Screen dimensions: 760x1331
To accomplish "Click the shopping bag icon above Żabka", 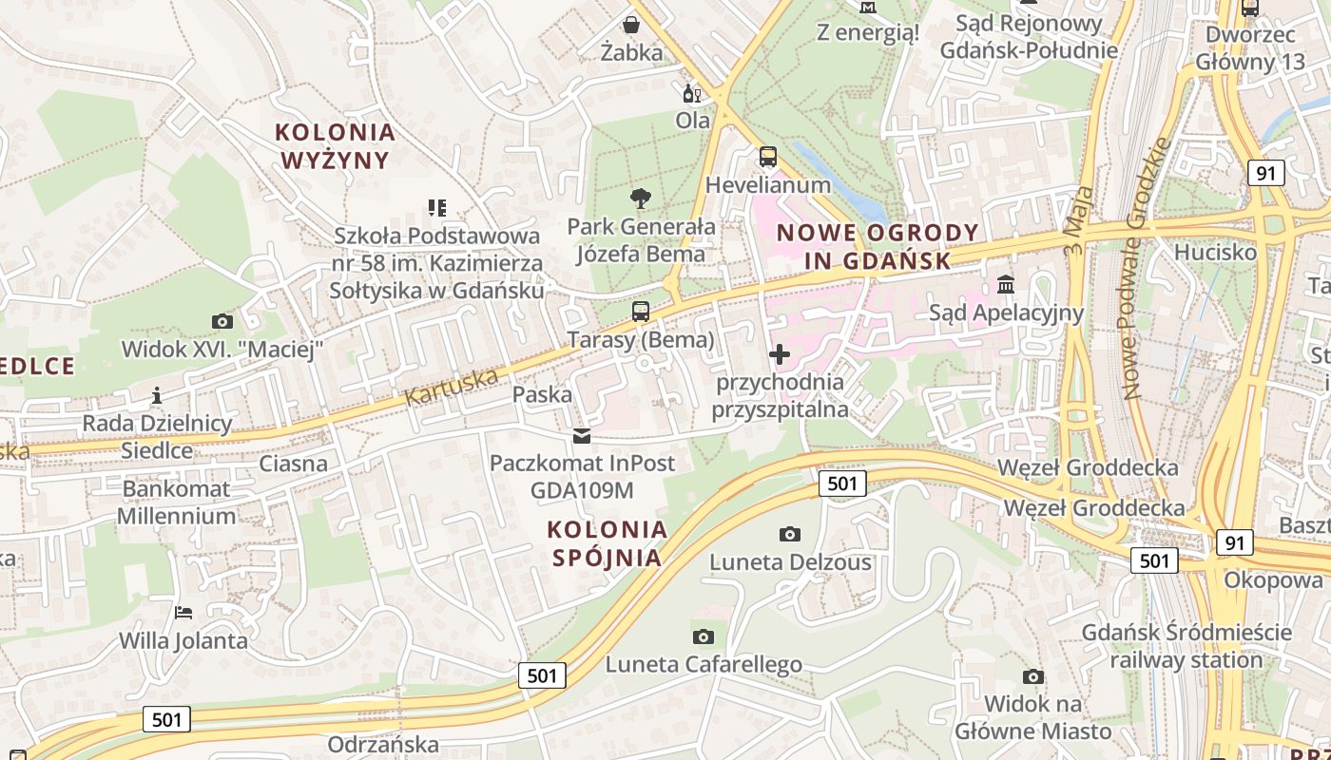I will click(x=631, y=25).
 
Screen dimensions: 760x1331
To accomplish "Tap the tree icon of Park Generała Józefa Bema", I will click(x=641, y=199).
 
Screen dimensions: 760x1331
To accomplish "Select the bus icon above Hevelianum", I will click(x=768, y=157).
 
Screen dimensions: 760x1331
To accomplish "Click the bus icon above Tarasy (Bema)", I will click(x=641, y=312).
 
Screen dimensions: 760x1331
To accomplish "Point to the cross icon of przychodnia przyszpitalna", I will click(x=780, y=354).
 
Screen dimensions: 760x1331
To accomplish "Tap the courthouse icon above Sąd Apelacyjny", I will click(x=1006, y=285).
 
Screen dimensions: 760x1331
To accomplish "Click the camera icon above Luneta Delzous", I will click(x=790, y=535).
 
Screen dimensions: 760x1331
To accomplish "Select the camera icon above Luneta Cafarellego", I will click(x=704, y=636).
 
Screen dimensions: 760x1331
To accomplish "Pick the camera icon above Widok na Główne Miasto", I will click(x=1033, y=676).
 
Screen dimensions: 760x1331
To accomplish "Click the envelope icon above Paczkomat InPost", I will click(x=581, y=436).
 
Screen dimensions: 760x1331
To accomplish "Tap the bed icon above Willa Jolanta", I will click(x=183, y=613).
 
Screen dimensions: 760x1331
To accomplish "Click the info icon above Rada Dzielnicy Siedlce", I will click(x=157, y=395).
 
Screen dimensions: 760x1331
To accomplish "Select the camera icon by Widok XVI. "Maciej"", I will click(x=222, y=321).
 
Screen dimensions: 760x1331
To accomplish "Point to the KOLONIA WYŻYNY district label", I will click(x=335, y=145).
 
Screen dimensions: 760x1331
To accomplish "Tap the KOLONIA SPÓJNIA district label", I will click(x=608, y=542).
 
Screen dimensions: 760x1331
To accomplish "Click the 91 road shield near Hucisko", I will click(x=1265, y=173).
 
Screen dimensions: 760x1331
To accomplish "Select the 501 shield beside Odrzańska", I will click(x=167, y=719).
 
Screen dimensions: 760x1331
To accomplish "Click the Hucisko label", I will click(x=1215, y=253).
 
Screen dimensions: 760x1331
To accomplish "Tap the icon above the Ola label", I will click(x=692, y=93).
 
